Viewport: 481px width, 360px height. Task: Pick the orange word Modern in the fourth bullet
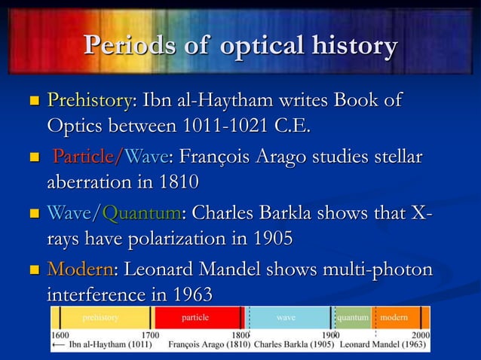click(77, 270)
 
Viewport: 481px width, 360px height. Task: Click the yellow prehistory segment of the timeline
click(101, 318)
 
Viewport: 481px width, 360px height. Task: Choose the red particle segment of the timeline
click(196, 318)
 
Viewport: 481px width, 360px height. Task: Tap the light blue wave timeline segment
click(287, 318)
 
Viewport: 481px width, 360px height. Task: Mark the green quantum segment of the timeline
click(352, 318)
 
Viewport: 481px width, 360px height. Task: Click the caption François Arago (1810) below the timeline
click(208, 346)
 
